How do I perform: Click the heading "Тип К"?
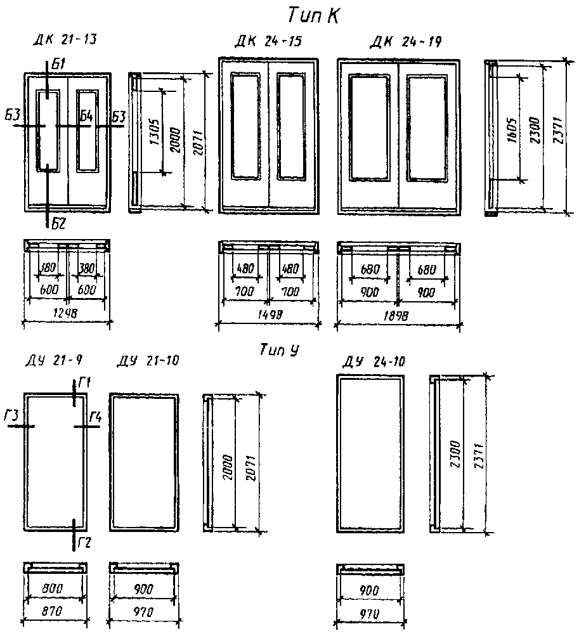pos(313,15)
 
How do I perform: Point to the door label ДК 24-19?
pos(405,42)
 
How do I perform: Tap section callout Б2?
pos(58,223)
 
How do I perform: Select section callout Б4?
pos(86,115)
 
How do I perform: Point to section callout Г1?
pos(86,382)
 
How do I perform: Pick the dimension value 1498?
pos(268,315)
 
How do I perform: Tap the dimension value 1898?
pos(398,315)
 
